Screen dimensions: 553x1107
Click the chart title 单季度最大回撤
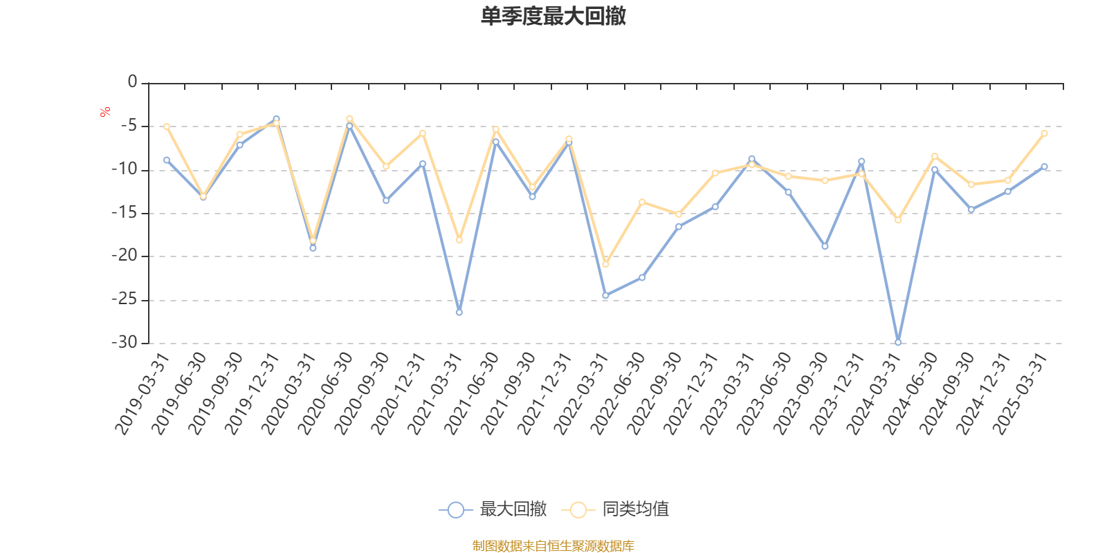[x=553, y=17]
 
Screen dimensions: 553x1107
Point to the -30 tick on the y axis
[x=125, y=342]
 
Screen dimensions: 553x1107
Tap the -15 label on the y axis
[x=125, y=213]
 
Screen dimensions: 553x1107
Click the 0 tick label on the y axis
[x=132, y=82]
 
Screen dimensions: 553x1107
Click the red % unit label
[x=105, y=111]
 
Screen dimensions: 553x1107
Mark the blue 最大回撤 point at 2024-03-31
[x=898, y=342]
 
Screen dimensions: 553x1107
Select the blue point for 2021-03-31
[x=459, y=312]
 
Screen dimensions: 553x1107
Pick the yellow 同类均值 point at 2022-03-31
[x=605, y=264]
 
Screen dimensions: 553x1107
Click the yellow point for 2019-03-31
[x=167, y=126]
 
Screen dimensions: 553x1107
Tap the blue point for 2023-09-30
[x=825, y=246]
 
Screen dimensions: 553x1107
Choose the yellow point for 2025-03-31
[x=1044, y=133]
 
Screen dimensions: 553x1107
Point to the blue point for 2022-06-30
[x=642, y=277]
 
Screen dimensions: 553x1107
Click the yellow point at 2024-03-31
[x=898, y=220]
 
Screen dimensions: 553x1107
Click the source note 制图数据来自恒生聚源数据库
[x=553, y=546]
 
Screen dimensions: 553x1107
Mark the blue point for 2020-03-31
[x=313, y=247]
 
